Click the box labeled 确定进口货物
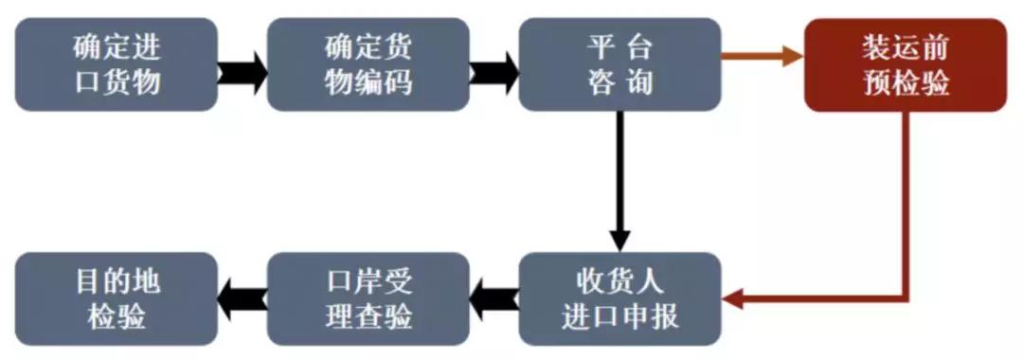[117, 64]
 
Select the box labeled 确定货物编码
[368, 64]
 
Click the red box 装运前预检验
[906, 64]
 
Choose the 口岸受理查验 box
[368, 298]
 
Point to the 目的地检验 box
[117, 298]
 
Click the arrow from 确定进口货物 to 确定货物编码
[242, 71]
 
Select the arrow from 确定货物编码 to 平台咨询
[494, 71]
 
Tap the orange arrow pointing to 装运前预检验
[763, 56]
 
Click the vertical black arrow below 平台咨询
[619, 180]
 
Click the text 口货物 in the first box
[117, 82]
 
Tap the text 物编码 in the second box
[368, 82]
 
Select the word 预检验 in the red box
[906, 83]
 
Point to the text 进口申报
[619, 316]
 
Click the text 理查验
[368, 316]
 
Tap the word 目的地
[117, 281]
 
